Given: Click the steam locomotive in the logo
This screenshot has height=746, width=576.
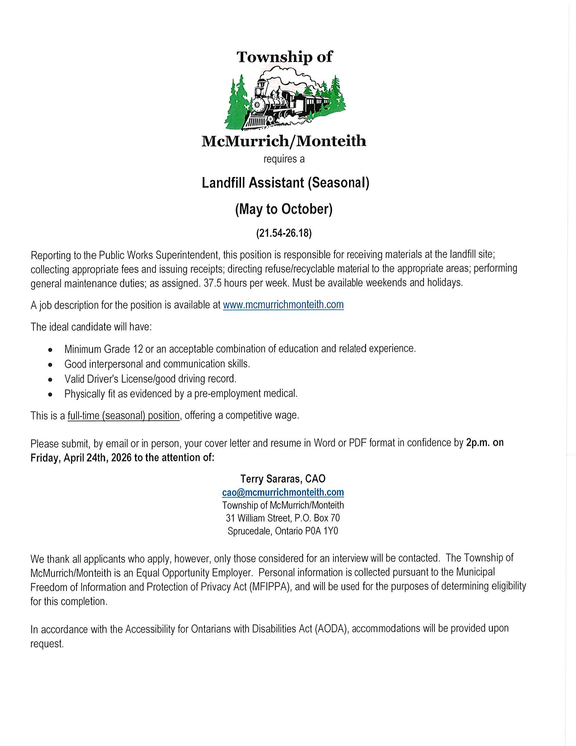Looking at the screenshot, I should pos(273,102).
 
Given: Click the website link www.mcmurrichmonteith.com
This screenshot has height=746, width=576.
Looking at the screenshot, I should pos(283,305).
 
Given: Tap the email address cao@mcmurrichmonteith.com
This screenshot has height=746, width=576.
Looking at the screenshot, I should pos(283,492).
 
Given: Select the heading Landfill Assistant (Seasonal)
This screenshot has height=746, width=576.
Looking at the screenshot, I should pos(285,183).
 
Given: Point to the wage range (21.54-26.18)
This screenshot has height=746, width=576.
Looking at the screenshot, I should pos(284,233).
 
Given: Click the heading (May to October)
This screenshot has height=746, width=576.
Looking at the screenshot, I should pos(284,209).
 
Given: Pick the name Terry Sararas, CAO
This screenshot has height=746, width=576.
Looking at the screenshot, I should pos(283,479).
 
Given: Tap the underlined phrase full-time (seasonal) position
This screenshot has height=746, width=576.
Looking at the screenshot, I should pos(124,416).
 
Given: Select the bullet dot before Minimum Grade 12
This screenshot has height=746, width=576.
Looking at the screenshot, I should pos(51,350).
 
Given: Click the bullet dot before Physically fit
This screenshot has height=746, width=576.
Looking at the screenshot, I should pos(51,394).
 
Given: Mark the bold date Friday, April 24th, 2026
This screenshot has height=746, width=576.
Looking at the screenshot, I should pos(81,458).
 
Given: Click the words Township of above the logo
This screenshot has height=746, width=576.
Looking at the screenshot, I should pos(284,57).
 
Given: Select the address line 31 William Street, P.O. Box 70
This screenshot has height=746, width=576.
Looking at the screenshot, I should pos(283,518).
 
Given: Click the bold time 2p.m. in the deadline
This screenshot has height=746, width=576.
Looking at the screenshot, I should pos(478,443).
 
